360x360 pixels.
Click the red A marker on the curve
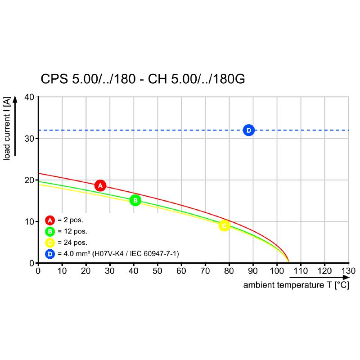click(x=100, y=185)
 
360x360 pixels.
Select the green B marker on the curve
click(x=135, y=200)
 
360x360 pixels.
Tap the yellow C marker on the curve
click(x=224, y=225)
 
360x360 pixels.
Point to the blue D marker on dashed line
click(x=248, y=130)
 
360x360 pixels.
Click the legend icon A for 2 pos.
click(x=50, y=220)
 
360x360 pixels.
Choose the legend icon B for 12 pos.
click(x=50, y=232)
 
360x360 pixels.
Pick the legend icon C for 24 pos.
click(x=50, y=243)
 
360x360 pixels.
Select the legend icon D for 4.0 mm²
click(x=50, y=254)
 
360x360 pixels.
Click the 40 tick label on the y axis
click(x=29, y=97)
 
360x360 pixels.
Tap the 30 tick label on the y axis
click(x=29, y=138)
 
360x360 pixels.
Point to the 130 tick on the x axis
click(x=348, y=271)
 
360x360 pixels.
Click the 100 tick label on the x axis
click(x=277, y=271)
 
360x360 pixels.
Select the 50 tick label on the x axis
click(x=157, y=271)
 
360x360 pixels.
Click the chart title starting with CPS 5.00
click(x=143, y=79)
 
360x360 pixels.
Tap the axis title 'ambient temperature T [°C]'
click(x=296, y=285)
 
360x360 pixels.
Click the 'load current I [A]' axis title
click(x=7, y=130)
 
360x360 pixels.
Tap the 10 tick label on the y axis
click(x=29, y=221)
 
